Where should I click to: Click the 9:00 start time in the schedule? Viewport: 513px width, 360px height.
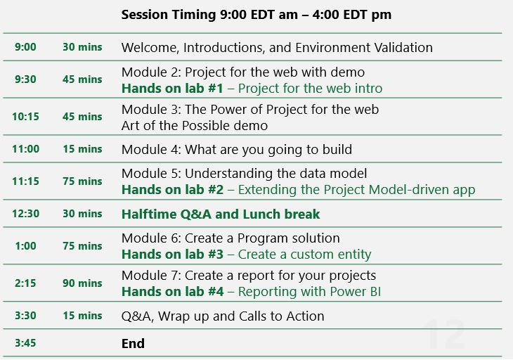(25, 47)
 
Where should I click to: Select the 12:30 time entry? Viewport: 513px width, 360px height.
(26, 214)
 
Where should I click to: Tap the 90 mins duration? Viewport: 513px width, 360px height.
(82, 283)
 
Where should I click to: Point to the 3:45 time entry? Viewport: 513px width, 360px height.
(25, 343)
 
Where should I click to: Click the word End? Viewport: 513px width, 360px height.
(133, 344)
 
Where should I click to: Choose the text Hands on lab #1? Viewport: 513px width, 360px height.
(172, 89)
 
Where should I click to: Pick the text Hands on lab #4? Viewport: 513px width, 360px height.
(173, 292)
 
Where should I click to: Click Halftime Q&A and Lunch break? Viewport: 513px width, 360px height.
(221, 214)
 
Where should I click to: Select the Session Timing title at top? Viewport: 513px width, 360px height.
(256, 15)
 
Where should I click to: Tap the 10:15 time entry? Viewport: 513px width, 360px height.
(25, 117)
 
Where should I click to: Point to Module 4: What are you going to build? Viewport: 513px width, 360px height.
(237, 150)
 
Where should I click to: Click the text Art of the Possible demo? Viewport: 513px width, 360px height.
(195, 126)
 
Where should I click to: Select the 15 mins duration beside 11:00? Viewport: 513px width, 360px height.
(82, 149)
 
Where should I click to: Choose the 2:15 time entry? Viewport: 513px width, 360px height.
(25, 283)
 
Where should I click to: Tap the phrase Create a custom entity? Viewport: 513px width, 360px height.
(304, 255)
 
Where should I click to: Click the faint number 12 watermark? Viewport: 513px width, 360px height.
(444, 334)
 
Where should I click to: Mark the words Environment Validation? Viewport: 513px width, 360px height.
(364, 48)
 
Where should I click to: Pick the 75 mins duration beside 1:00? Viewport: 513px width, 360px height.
(82, 246)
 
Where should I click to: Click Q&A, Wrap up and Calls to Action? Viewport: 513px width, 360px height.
(223, 316)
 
